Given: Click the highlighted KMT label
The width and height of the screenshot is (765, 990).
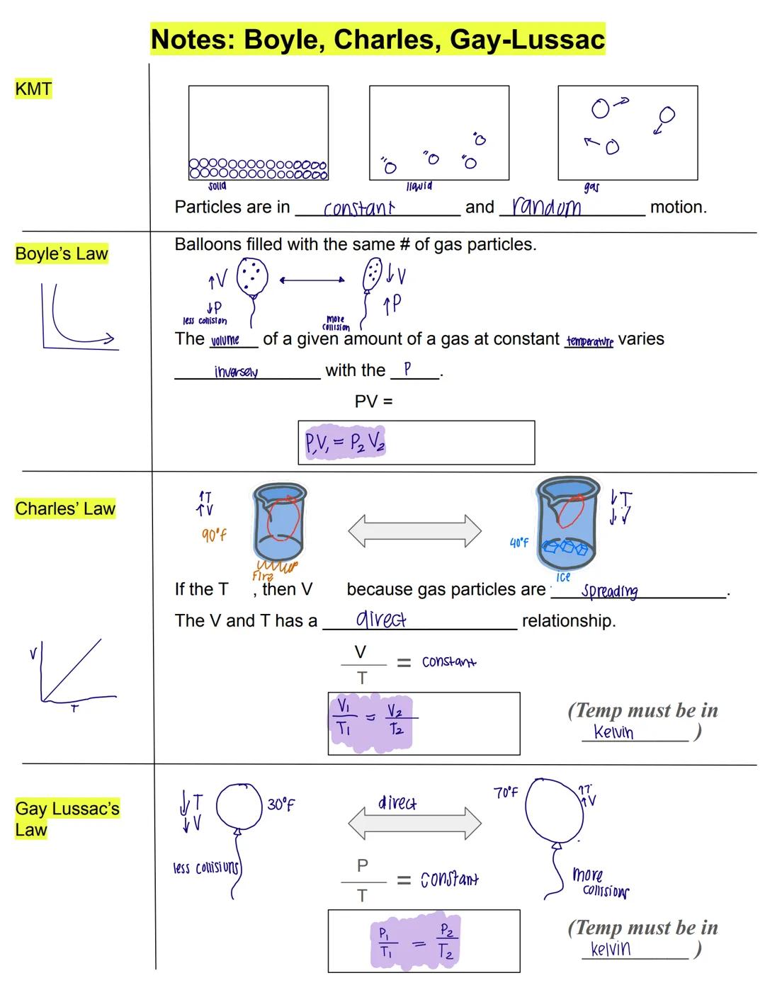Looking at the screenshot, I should (x=33, y=89).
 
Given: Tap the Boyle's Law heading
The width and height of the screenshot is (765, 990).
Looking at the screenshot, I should (x=62, y=254).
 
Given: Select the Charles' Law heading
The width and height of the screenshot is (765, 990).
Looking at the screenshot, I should (x=64, y=508).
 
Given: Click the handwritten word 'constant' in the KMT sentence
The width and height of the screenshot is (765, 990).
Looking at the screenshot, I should (x=358, y=208).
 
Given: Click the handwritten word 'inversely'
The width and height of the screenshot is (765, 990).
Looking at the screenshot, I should (x=236, y=372).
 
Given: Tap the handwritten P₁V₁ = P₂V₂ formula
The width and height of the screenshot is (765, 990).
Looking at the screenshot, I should (x=345, y=443).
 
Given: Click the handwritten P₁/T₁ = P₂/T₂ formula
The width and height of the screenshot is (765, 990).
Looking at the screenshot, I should (x=415, y=942).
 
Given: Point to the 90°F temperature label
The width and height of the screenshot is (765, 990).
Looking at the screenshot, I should (x=214, y=535).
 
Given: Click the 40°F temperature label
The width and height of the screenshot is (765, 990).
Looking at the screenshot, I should (x=518, y=542).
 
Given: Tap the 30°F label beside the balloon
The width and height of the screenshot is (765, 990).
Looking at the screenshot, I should (x=281, y=805).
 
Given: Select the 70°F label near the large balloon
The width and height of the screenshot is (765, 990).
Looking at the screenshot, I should (x=506, y=792).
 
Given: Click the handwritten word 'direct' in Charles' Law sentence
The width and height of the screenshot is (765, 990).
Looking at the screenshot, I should (x=380, y=620).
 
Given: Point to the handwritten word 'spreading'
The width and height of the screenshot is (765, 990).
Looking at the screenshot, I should (x=609, y=591).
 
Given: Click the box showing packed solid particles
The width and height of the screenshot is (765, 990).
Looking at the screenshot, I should (x=258, y=132).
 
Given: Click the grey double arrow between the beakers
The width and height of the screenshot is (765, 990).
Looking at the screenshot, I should (x=414, y=530).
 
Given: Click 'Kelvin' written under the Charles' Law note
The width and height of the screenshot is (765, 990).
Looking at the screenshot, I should (x=613, y=732).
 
